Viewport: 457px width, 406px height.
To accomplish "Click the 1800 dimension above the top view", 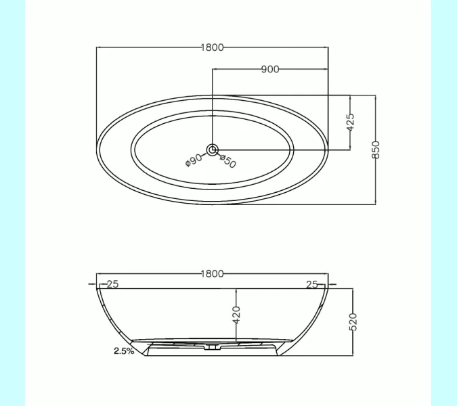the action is [212, 47].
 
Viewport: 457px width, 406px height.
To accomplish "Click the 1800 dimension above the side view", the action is [212, 274].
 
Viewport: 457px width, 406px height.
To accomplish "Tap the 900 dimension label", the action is [270, 69].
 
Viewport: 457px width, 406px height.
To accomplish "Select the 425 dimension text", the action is [351, 122].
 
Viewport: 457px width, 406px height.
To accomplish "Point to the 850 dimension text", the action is [376, 150].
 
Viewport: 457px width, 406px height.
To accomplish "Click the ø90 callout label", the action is [194, 160].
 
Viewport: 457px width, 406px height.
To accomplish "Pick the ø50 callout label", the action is [227, 161].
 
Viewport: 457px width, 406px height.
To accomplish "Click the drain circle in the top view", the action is [212, 150].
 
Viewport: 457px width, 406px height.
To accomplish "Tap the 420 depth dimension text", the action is [236, 315].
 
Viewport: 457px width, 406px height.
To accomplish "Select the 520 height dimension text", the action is [353, 322].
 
